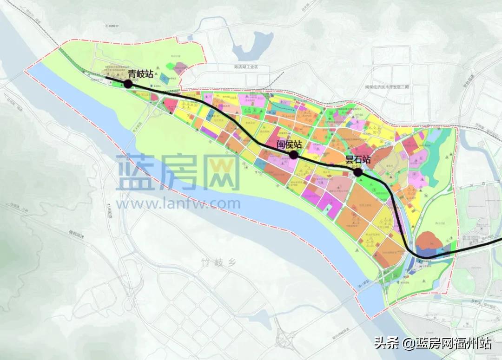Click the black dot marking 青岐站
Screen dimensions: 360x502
click(127, 84)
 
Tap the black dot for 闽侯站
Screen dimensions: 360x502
click(294, 155)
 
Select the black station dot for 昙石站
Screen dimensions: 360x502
click(358, 172)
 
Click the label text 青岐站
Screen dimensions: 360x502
click(141, 73)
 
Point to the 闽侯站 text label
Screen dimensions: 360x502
click(289, 144)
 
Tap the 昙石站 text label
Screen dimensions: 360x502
click(357, 160)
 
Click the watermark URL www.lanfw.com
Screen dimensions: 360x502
click(178, 203)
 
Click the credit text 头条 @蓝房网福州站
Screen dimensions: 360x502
click(433, 344)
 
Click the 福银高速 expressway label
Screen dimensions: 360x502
click(74, 236)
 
